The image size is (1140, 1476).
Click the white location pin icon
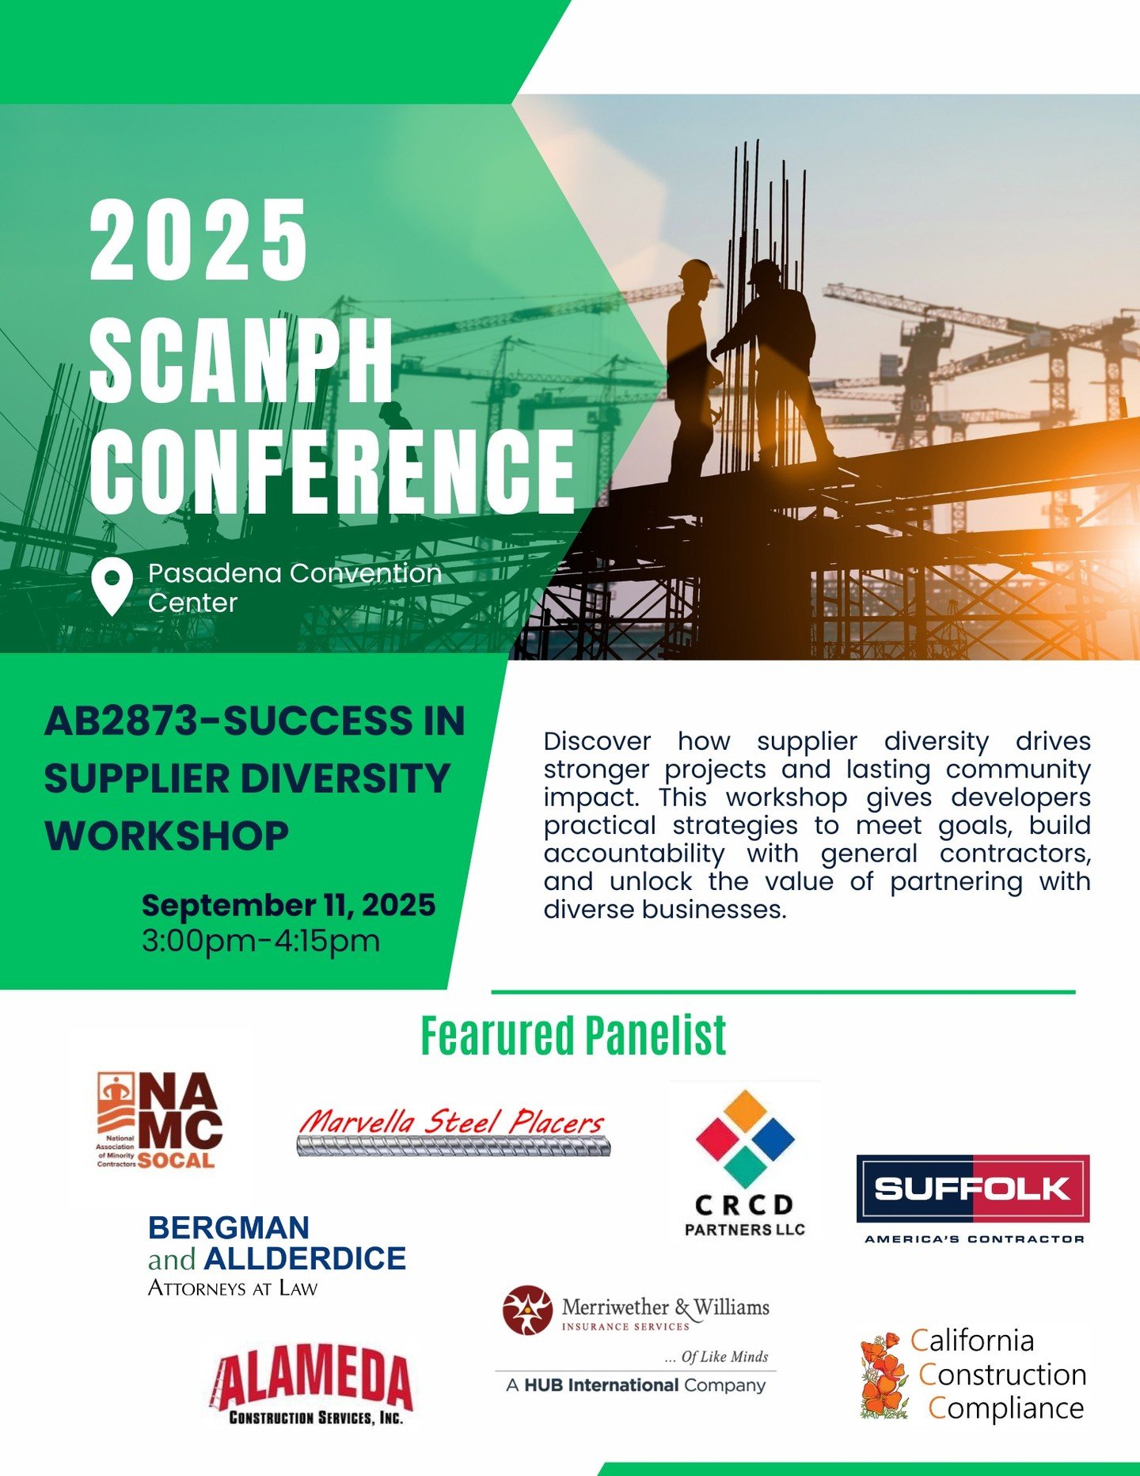point(112,586)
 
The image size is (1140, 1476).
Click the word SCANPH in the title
point(241,361)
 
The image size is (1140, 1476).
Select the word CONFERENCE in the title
point(332,472)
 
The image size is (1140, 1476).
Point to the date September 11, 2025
point(288,905)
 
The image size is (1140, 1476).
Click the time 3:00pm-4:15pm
point(260,942)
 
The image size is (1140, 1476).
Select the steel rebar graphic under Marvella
point(454,1146)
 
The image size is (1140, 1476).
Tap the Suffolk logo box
point(973,1189)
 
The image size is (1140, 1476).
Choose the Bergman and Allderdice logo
point(276,1256)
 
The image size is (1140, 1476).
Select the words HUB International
point(601,1385)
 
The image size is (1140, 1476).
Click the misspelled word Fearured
point(497,1035)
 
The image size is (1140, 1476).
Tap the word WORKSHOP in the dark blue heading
point(166,836)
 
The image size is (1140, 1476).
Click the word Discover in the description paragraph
point(597,742)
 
